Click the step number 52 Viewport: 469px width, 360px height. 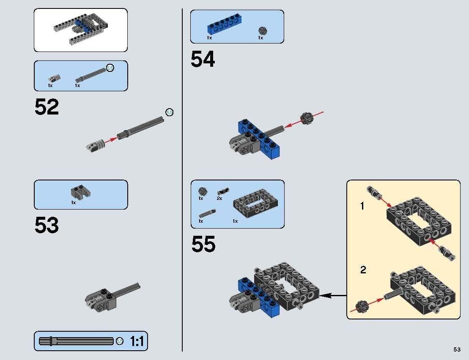tap(47, 107)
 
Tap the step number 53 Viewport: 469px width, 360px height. tap(47, 226)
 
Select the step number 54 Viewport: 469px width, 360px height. tap(203, 59)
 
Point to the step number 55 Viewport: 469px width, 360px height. tap(203, 245)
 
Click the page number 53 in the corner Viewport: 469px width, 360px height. tap(457, 349)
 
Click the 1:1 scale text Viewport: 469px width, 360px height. tap(137, 341)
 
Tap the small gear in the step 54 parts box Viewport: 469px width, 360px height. tap(262, 30)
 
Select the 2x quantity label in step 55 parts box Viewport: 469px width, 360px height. tap(219, 198)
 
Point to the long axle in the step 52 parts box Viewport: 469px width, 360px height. tap(91, 75)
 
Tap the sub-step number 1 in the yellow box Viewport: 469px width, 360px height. tap(362, 206)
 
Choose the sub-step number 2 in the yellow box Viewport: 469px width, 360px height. tap(363, 270)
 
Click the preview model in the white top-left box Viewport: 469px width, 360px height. tap(80, 29)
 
